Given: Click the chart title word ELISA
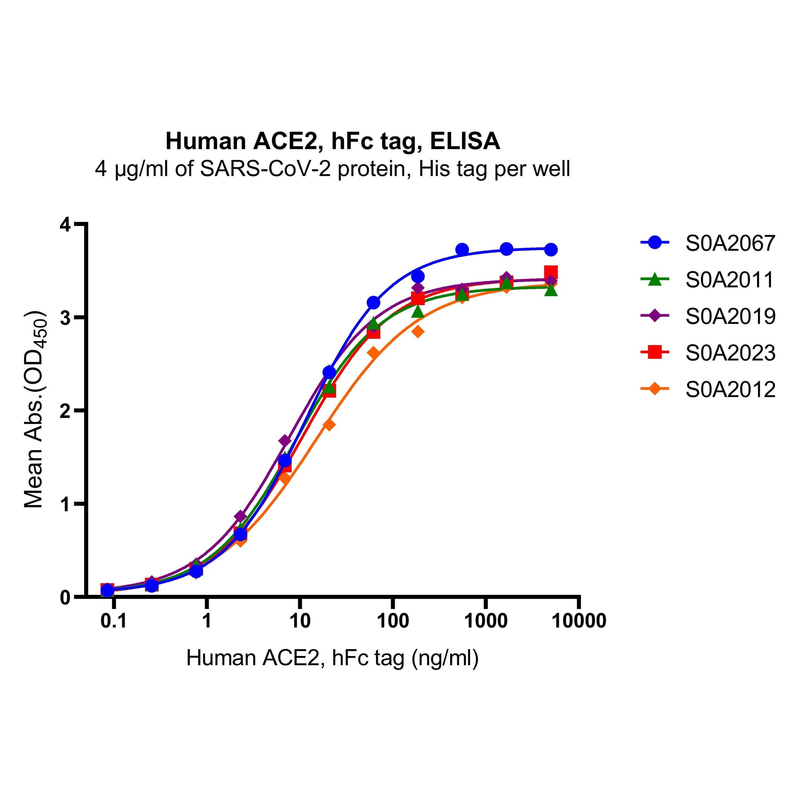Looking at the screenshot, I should [465, 141].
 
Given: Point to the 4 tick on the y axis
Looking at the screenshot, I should [66, 225].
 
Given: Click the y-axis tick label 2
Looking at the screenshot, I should [66, 411].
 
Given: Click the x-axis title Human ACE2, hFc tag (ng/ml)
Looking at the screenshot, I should [333, 658].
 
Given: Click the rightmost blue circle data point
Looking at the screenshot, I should [551, 249].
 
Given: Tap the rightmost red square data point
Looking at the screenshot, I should [551, 272].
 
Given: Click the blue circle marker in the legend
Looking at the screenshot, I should [655, 243].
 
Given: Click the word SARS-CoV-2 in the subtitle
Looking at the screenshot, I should [265, 169].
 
